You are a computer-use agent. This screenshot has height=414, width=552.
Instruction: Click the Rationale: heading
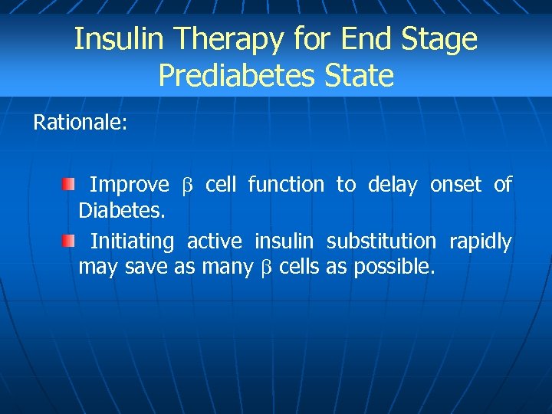pos(80,123)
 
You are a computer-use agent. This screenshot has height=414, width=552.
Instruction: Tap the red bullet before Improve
pos(69,184)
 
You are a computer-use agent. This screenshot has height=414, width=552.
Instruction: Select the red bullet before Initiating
pos(69,242)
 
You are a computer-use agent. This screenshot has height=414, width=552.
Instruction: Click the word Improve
pos(130,185)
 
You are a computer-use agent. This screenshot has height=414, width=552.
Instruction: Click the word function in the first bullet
pos(286,185)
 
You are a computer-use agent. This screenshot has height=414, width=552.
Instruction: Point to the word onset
pos(456,185)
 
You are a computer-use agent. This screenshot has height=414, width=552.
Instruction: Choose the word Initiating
pos(132,242)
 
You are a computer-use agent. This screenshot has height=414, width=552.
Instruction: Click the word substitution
pos(381,242)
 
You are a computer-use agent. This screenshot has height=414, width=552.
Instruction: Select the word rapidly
pos(480,242)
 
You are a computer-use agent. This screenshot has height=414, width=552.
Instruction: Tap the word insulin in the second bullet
pos(284,242)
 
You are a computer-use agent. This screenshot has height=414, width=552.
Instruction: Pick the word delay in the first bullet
pos(393,185)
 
